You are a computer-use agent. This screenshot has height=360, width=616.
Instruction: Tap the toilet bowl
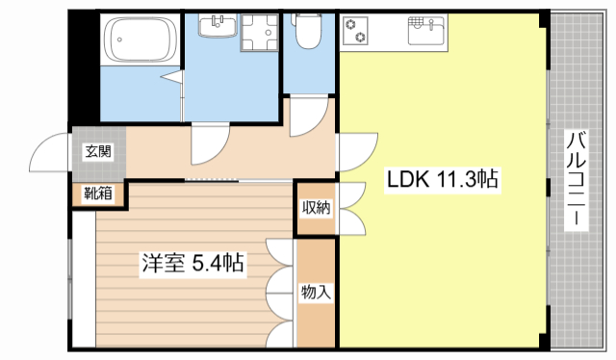[309, 35]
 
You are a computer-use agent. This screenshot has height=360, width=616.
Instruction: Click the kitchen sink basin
[424, 32]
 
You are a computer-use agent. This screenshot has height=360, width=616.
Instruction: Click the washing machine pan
[256, 33]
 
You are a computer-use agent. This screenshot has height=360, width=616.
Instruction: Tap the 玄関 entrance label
[97, 150]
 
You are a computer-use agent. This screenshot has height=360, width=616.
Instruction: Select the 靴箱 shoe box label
[97, 193]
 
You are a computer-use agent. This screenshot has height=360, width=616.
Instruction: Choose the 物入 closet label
[316, 291]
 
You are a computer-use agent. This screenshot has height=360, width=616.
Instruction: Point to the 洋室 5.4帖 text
[192, 262]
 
